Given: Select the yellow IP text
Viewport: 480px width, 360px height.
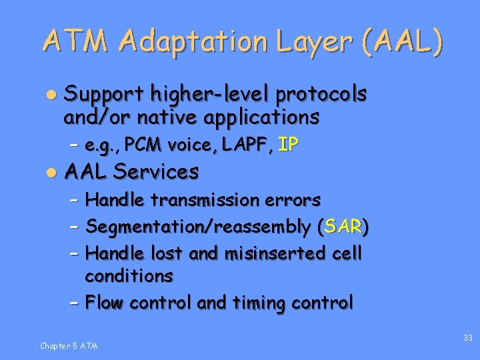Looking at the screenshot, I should click(x=287, y=145).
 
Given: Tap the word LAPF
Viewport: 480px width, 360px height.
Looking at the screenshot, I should click(x=245, y=145).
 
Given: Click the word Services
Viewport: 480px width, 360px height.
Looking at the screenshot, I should click(x=156, y=172).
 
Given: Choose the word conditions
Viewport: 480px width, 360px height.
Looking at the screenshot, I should click(x=129, y=275).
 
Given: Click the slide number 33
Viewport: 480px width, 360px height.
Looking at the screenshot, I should click(x=468, y=339).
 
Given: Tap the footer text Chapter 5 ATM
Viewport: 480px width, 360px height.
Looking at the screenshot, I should click(x=69, y=345).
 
